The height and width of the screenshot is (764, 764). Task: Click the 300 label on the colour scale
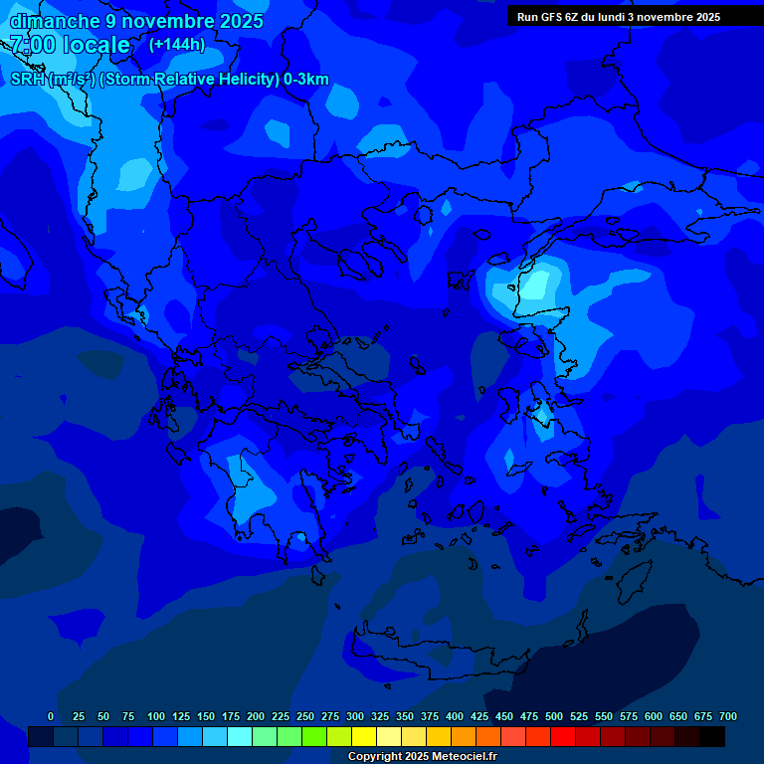(355, 716)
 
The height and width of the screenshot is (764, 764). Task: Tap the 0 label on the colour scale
(51, 716)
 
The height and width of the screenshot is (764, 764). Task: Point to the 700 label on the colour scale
(727, 716)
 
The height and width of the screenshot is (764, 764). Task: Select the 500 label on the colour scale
(554, 716)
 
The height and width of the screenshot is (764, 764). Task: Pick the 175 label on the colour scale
(231, 716)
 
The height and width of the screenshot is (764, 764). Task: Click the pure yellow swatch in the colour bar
(364, 737)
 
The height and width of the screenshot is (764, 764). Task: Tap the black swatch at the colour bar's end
(712, 737)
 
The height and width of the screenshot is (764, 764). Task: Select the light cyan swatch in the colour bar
(240, 737)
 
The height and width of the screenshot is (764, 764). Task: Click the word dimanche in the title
(54, 21)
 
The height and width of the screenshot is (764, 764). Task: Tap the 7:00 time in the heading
(30, 45)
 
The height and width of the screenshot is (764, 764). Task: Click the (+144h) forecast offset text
(177, 45)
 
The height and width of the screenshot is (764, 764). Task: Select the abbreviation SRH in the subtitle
(27, 80)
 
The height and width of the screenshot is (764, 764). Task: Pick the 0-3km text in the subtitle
(306, 80)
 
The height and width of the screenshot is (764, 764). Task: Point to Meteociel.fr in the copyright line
(464, 757)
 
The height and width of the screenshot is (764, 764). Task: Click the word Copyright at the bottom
(377, 757)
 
